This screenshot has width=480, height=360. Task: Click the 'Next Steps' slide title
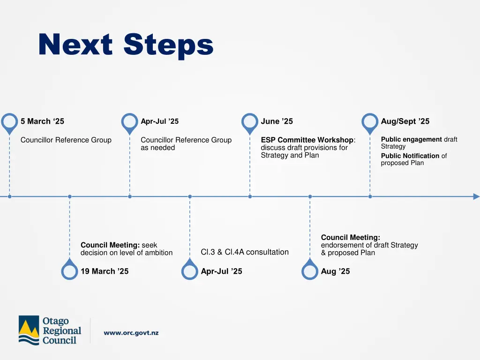126,45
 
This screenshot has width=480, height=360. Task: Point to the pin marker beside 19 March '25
69,271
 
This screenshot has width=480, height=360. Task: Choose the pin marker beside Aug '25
310,271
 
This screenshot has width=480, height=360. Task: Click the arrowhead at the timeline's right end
476,196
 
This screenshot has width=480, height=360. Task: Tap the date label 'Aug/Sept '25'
405,121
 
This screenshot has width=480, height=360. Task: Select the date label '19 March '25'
105,271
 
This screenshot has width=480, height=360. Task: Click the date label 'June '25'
277,121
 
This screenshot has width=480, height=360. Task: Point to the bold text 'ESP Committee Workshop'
307,140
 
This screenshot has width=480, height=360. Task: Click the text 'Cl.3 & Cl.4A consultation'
245,252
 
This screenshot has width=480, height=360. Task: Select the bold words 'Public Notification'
410,156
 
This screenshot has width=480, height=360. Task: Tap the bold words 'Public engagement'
411,139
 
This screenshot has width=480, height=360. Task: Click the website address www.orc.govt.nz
131,333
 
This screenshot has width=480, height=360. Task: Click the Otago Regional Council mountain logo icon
29,330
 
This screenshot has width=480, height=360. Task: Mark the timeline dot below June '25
250,196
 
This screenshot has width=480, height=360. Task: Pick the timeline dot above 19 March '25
69,196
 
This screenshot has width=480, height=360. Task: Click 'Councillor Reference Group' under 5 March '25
66,140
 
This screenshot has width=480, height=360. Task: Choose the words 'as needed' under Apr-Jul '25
157,148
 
